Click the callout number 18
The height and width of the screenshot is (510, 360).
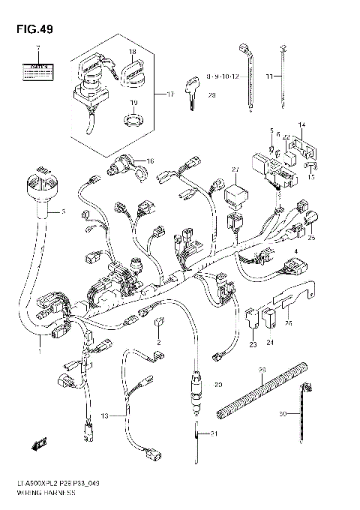[x=131, y=52]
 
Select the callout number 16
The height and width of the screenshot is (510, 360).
[x=149, y=160]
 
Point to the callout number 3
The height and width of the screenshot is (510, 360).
[x=63, y=212]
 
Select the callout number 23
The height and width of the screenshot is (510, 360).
[x=253, y=344]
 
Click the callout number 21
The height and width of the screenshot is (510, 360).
[x=214, y=434]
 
